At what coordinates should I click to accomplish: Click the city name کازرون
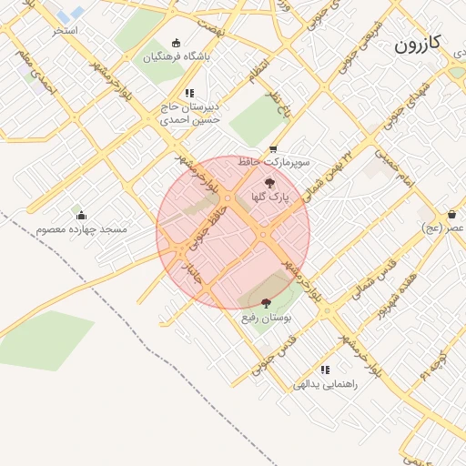[x=420, y=44]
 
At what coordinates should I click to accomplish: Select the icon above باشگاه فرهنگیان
[x=177, y=42]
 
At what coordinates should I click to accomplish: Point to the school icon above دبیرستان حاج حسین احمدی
[x=189, y=93]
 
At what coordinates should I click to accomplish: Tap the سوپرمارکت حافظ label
[x=274, y=162]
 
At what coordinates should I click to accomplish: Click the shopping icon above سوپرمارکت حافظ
[x=273, y=149]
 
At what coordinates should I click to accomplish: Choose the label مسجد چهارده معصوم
[x=82, y=229]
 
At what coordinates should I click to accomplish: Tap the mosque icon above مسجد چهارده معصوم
[x=82, y=216]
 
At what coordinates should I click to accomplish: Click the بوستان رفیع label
[x=266, y=319]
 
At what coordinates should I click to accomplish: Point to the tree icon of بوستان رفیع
[x=266, y=304]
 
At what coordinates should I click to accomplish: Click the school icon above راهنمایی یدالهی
[x=325, y=370]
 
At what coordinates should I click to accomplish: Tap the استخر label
[x=65, y=31]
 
